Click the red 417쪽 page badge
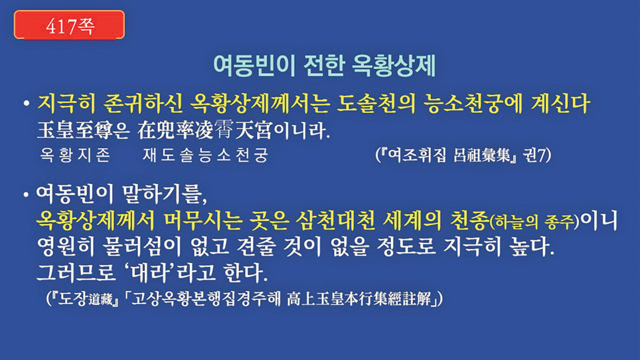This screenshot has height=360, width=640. [x=70, y=25]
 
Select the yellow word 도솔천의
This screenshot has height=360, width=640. [x=375, y=104]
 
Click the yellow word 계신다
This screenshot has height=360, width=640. [x=560, y=104]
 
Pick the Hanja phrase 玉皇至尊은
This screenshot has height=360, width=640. [x=83, y=130]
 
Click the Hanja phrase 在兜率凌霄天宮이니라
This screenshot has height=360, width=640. [x=233, y=130]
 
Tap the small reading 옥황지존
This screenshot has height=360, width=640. [x=75, y=155]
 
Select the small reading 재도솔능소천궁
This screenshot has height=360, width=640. [x=205, y=155]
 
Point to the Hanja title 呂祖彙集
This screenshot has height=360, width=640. [x=481, y=155]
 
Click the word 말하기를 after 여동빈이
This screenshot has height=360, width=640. [x=164, y=195]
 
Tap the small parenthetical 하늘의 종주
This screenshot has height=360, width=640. [x=534, y=223]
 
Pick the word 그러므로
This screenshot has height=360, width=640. [x=76, y=272]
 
